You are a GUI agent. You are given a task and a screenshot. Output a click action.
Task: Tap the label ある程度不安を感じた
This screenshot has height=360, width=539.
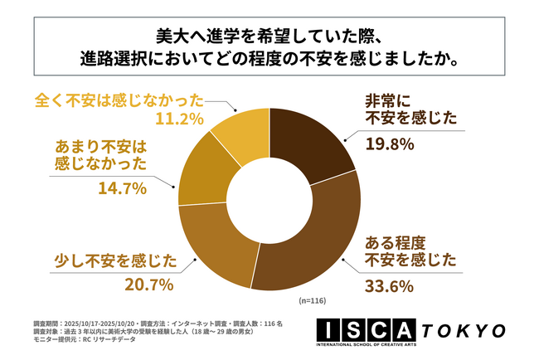click(410, 252)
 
